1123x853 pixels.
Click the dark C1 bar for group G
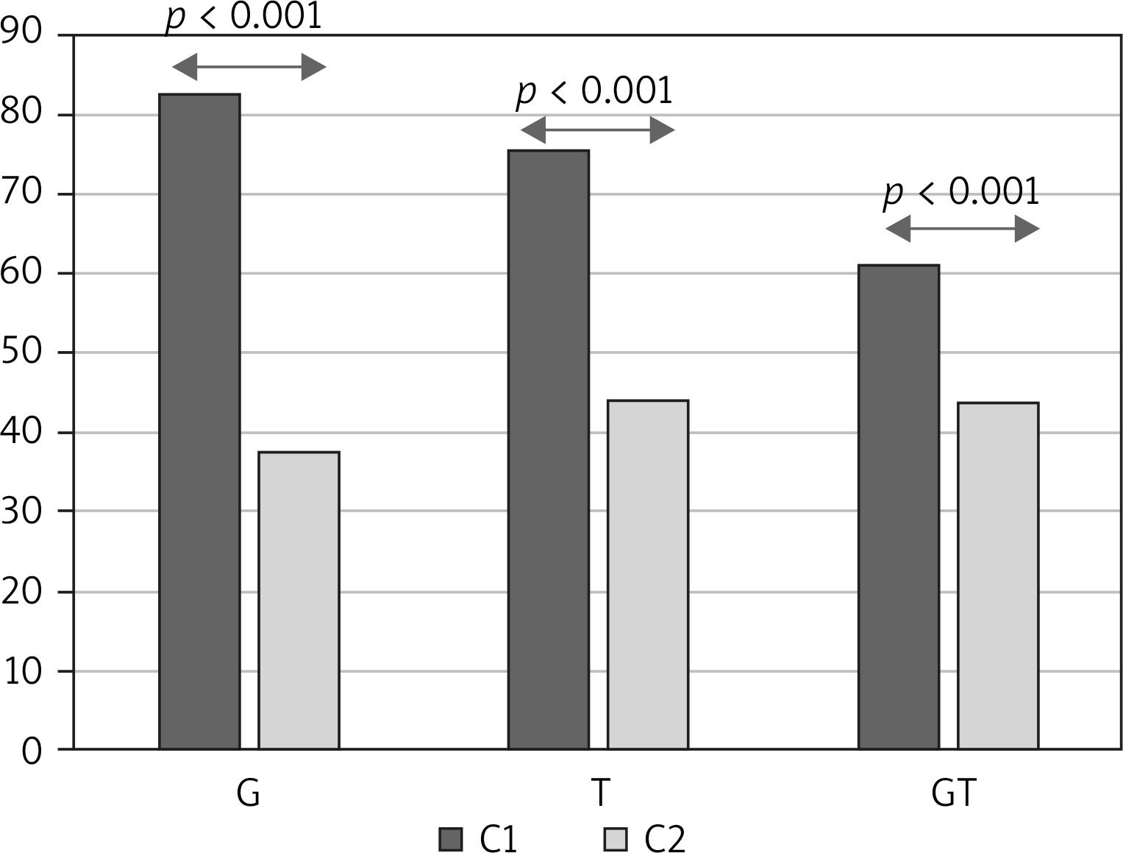[x=199, y=421]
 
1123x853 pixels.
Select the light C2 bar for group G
[x=299, y=600]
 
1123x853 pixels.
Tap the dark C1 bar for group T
[x=549, y=449]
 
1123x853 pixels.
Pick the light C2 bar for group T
[x=648, y=574]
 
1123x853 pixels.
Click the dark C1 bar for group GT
[x=899, y=506]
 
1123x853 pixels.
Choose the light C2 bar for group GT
[x=998, y=576]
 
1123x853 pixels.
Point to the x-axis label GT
[x=953, y=794]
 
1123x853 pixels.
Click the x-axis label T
[x=600, y=794]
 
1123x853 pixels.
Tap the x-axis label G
[x=249, y=794]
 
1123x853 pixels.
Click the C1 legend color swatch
[x=450, y=839]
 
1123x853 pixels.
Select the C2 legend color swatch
[x=615, y=839]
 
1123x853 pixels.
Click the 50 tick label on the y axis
[x=22, y=353]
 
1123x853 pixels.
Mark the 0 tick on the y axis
[x=32, y=751]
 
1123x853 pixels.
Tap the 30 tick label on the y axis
[x=22, y=512]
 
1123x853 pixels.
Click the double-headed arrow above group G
[x=249, y=68]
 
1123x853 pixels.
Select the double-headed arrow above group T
[x=597, y=131]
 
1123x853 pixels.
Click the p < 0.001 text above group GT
[x=962, y=193]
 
